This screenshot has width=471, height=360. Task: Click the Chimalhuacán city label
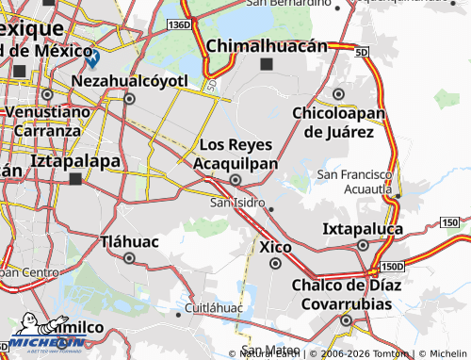coord(266,45)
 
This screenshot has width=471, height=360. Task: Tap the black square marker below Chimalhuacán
coord(267,64)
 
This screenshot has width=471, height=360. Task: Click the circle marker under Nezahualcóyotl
coord(129,96)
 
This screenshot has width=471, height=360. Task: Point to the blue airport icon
coord(91,58)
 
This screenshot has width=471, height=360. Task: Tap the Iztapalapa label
coord(75,160)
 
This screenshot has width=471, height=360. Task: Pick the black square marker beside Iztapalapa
coord(74,177)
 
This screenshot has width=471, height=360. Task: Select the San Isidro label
coord(236,203)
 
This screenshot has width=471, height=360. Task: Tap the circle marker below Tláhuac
coord(129,257)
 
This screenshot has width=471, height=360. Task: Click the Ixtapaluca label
coord(363,229)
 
